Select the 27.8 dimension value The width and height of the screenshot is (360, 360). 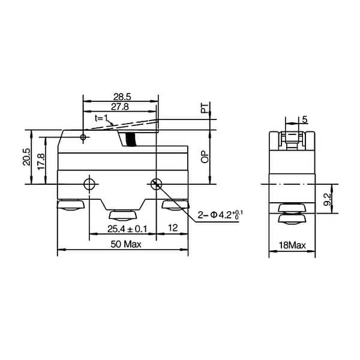click(x=119, y=106)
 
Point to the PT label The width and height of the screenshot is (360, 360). click(x=205, y=109)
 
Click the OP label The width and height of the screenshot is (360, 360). click(x=205, y=157)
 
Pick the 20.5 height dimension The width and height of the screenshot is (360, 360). click(x=26, y=157)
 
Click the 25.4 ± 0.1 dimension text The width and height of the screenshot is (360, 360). click(x=127, y=229)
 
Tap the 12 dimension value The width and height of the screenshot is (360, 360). click(x=173, y=229)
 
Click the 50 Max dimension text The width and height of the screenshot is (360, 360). click(x=125, y=244)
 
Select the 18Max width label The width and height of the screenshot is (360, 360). click(x=292, y=245)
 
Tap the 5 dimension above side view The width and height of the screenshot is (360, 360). click(x=305, y=120)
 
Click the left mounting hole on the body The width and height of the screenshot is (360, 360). click(x=90, y=183)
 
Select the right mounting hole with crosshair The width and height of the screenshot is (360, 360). click(x=157, y=184)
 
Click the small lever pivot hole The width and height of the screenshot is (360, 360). click(x=83, y=137)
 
